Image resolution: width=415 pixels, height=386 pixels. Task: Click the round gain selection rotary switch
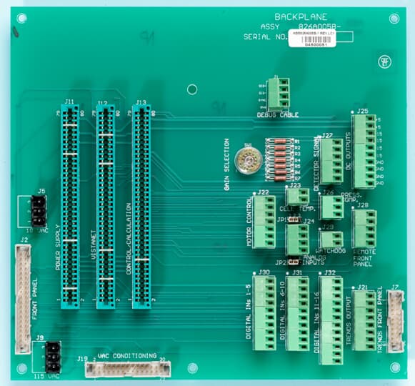click(x=249, y=162)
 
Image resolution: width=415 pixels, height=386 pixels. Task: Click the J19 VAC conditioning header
click(x=127, y=369)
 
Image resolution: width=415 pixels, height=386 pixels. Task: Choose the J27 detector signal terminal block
click(x=331, y=161)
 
